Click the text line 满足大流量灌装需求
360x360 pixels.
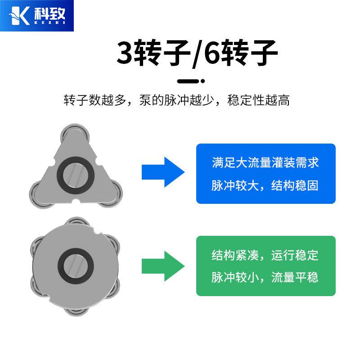tap(265, 162)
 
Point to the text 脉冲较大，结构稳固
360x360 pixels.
tap(265, 185)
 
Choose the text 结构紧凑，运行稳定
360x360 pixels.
tap(265, 255)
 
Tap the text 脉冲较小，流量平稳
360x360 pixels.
tap(265, 277)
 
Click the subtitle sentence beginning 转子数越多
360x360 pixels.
tap(177, 100)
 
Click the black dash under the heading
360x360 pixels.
tap(188, 81)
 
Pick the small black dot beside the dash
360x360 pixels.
tap(203, 81)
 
